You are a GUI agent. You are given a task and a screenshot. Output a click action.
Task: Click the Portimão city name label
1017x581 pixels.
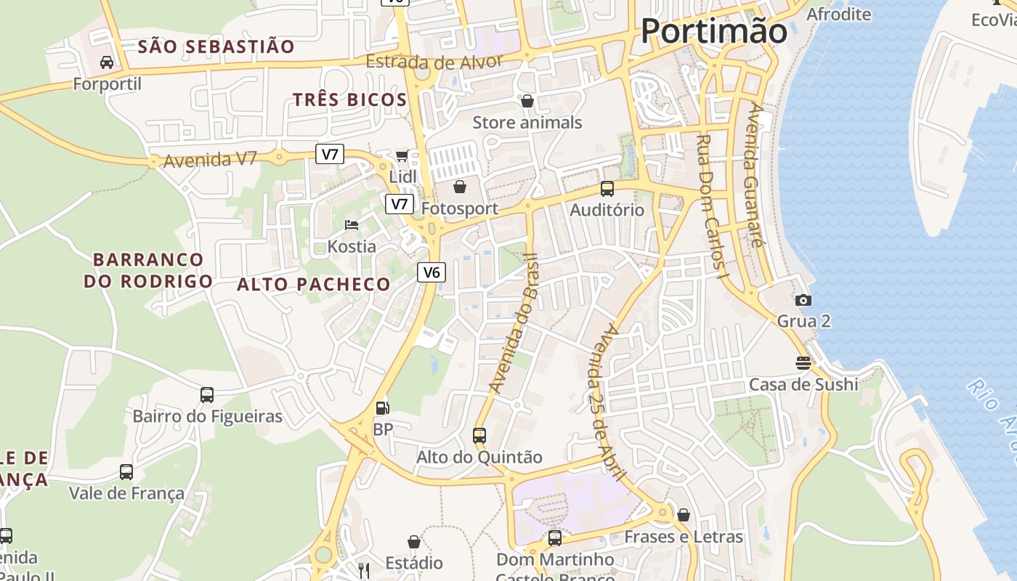point(714,31)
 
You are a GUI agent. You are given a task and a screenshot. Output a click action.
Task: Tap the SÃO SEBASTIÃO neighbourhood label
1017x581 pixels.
point(216,47)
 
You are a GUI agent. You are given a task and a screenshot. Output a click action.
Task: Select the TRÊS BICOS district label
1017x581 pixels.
point(349,99)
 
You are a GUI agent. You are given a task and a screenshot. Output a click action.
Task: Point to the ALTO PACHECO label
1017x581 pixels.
point(314,284)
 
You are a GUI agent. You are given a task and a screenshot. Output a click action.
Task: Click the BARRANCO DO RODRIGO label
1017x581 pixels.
point(148,270)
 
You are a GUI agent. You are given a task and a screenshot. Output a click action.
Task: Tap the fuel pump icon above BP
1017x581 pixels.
point(382,409)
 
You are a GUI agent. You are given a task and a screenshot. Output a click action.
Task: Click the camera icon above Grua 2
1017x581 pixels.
point(803,300)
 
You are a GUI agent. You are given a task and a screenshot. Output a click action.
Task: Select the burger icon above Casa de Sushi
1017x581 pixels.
point(803,362)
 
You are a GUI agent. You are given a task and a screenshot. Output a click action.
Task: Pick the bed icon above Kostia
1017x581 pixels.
point(352,225)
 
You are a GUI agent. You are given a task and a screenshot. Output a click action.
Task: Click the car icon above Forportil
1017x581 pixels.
point(107,62)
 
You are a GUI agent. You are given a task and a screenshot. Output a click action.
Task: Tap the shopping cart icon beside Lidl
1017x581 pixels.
point(402,155)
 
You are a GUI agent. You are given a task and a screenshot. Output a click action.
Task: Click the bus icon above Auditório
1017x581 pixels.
point(607,189)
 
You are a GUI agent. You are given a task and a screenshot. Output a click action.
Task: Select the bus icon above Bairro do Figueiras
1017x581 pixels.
point(207,395)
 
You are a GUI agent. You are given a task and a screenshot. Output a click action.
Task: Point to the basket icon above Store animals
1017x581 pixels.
point(527,101)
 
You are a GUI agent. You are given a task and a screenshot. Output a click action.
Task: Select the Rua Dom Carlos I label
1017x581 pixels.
point(711,207)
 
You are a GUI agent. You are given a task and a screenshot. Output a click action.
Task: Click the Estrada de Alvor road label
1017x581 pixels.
point(434,62)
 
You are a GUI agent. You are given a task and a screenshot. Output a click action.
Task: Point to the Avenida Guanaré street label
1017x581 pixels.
point(756,175)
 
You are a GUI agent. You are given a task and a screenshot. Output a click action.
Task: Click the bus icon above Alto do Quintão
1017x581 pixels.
point(479,436)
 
